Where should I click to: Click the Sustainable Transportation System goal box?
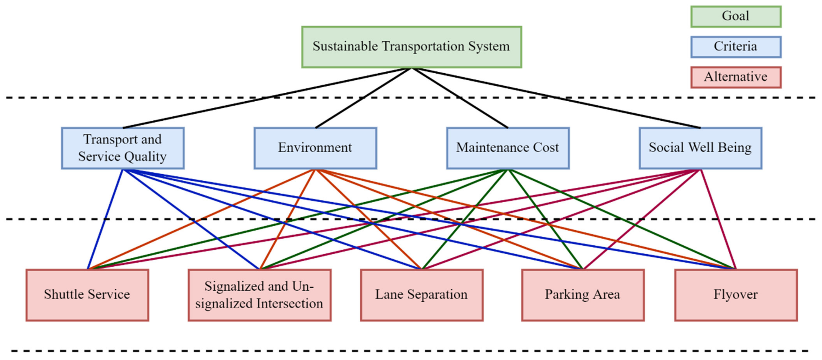(411, 47)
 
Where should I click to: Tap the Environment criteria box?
(315, 148)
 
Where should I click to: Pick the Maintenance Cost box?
(508, 148)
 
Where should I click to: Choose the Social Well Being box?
(700, 148)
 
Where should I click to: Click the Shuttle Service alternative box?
(87, 295)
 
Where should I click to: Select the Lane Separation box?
(422, 295)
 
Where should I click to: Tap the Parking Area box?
(583, 295)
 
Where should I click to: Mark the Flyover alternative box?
(736, 295)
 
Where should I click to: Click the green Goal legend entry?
(736, 16)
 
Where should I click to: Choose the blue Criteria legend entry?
(736, 47)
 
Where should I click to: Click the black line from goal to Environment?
(364, 98)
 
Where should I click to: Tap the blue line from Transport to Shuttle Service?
(105, 219)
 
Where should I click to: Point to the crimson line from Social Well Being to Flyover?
(718, 219)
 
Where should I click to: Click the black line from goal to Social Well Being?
(556, 98)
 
